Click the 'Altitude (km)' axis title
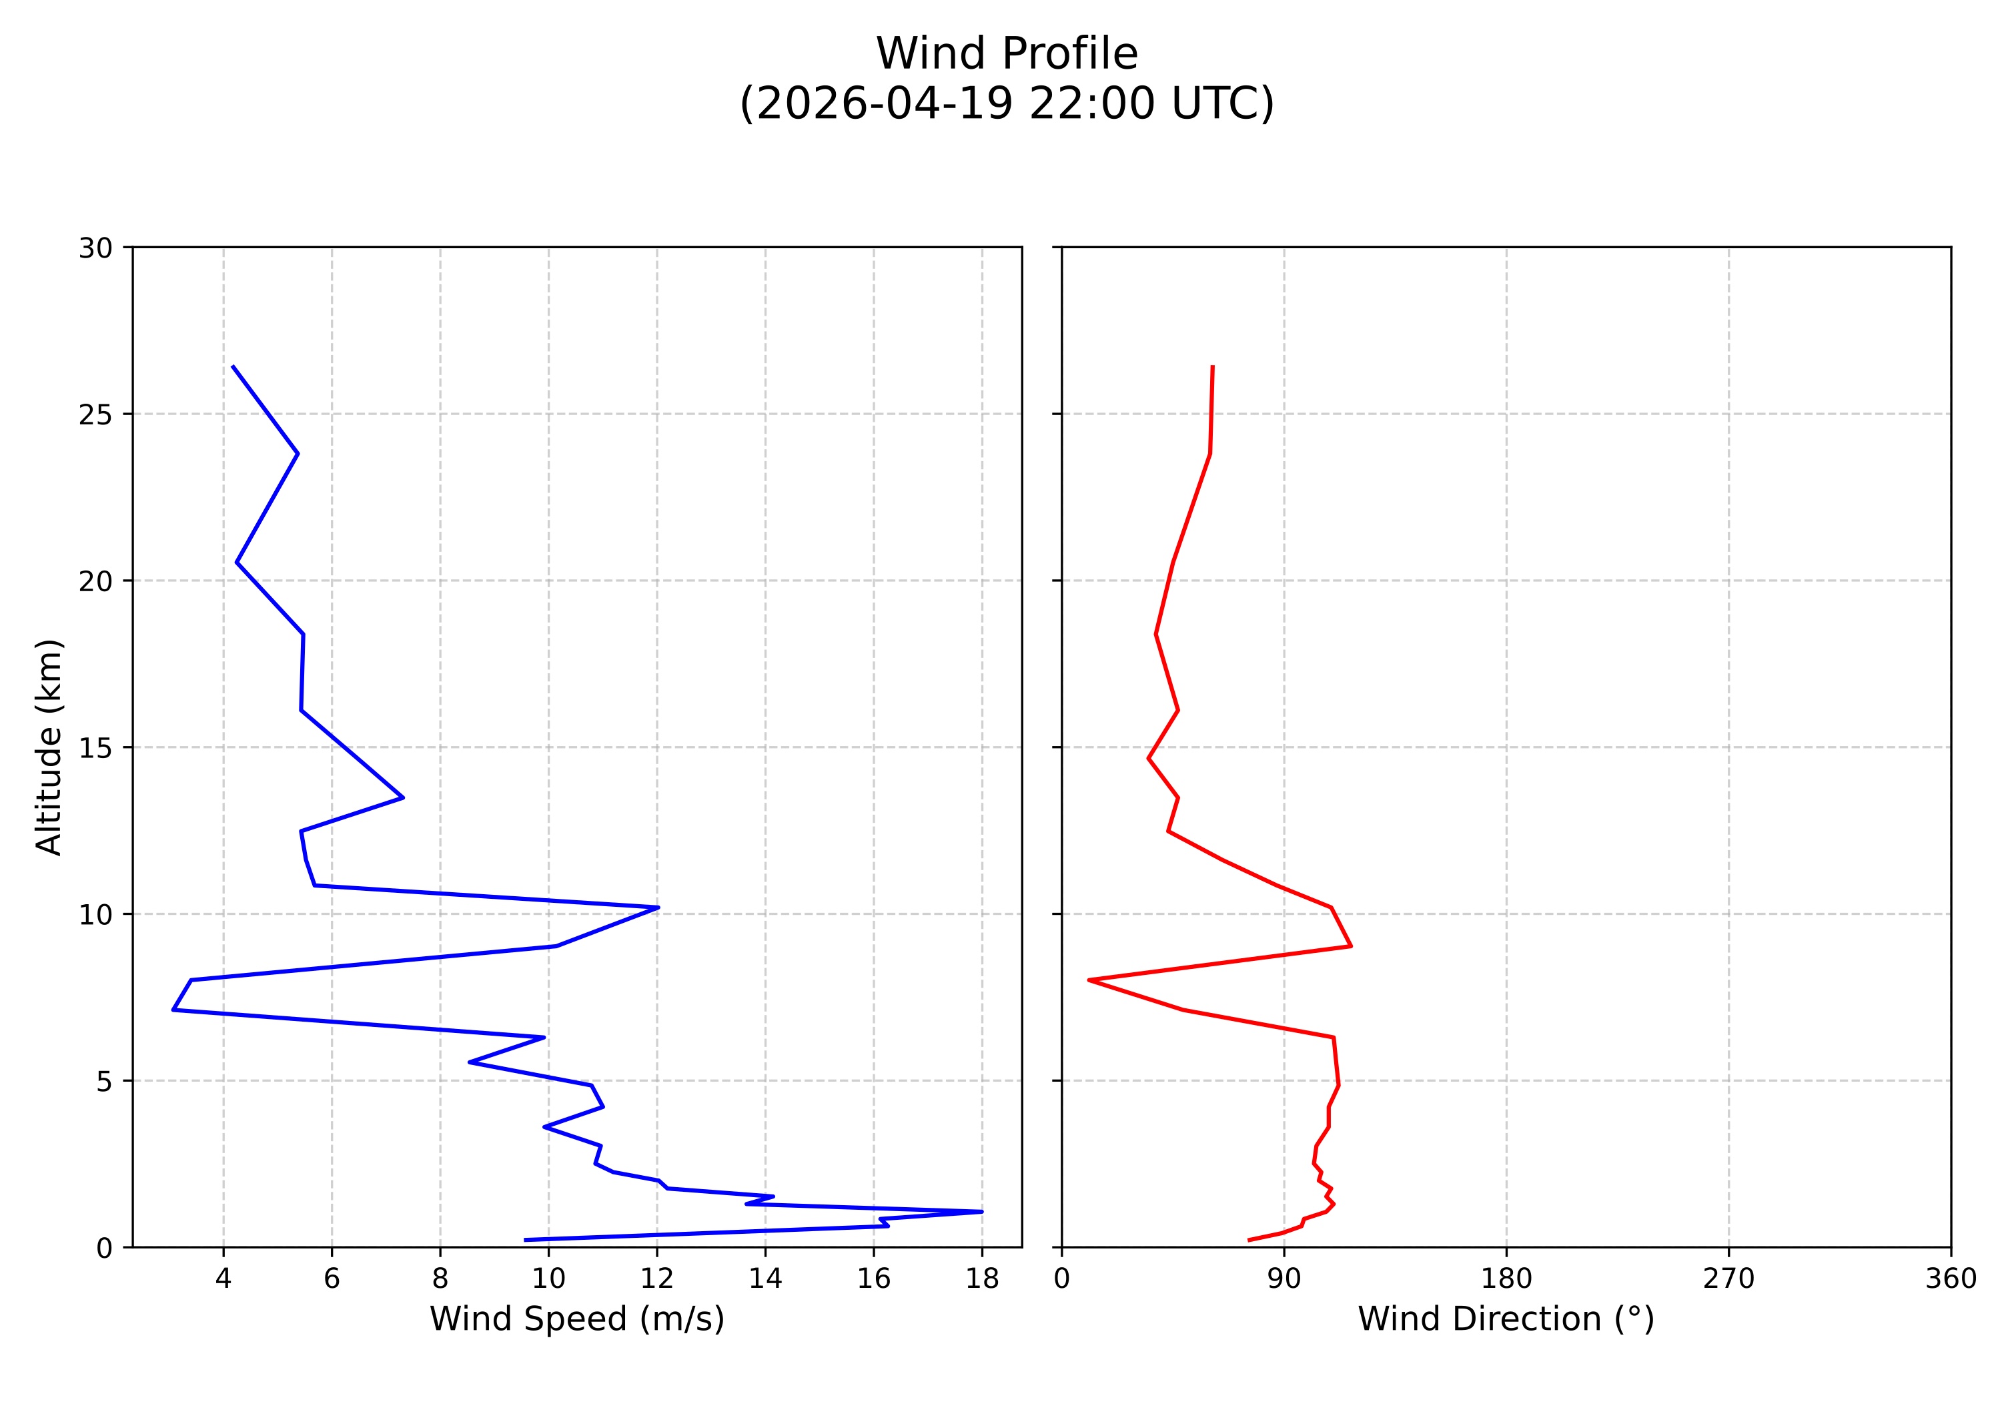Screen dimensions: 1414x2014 click(x=49, y=747)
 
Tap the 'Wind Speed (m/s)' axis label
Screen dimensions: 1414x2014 click(x=576, y=1319)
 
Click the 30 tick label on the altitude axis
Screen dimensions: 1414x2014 click(x=95, y=248)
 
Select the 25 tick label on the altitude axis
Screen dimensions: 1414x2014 click(x=95, y=415)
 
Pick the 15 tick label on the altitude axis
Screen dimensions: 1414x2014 click(x=95, y=748)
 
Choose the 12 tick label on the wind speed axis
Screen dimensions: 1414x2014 click(x=656, y=1279)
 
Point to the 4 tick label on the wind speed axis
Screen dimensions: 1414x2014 click(x=223, y=1279)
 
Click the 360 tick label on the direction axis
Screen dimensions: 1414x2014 click(x=1950, y=1279)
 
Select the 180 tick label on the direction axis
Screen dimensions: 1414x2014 click(x=1506, y=1279)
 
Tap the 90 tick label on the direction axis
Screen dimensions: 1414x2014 click(x=1284, y=1279)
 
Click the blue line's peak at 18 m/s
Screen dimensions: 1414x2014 click(x=981, y=1211)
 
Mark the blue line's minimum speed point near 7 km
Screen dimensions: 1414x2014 click(x=173, y=1010)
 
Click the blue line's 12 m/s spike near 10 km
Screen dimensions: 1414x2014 click(x=658, y=907)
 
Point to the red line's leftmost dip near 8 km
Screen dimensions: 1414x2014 click(x=1089, y=980)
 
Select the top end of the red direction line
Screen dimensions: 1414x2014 click(x=1212, y=366)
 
